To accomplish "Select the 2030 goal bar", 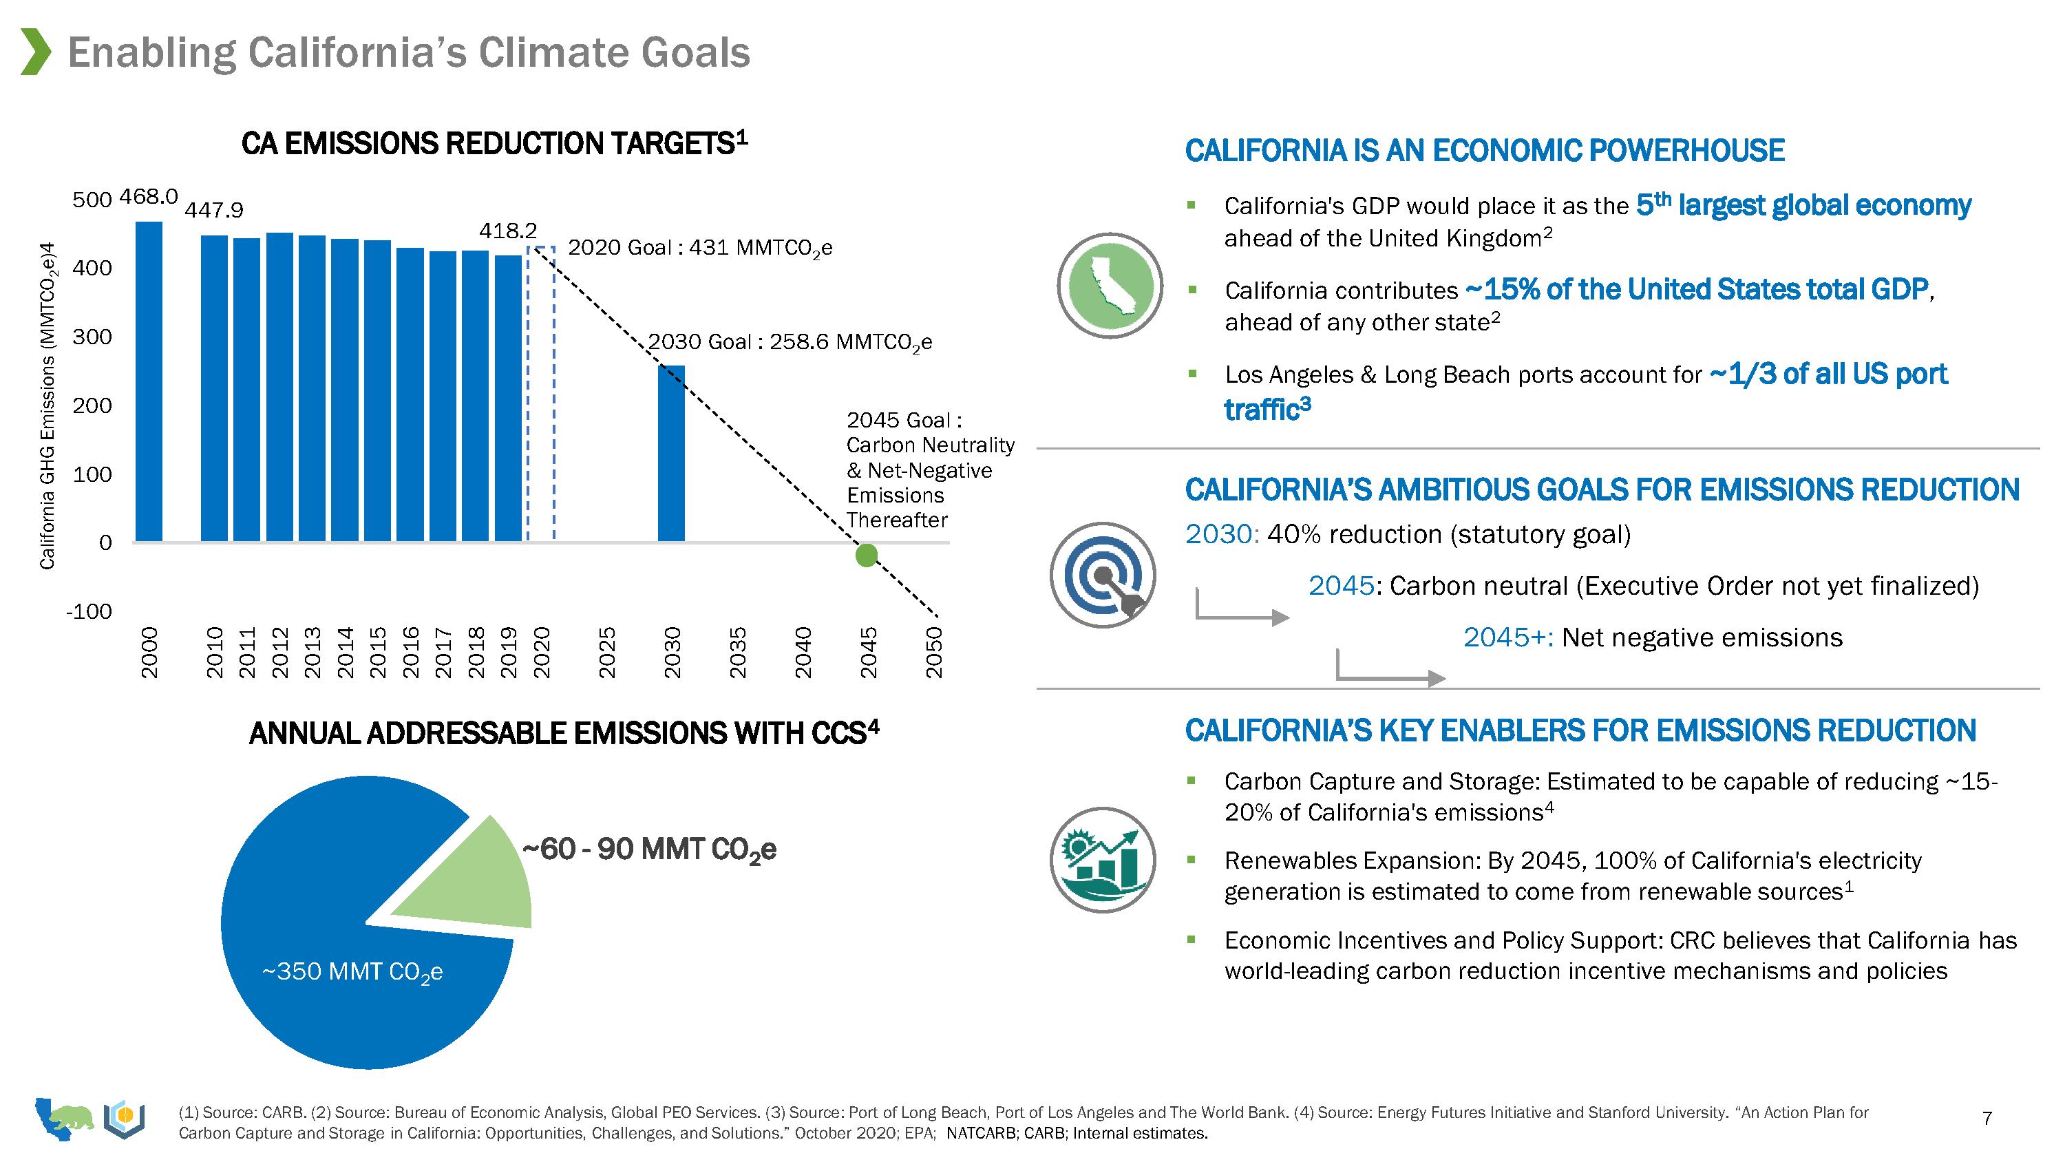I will pos(671,453).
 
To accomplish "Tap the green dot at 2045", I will pos(867,555).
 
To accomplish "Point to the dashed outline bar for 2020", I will pos(541,393).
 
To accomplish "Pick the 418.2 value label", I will pos(507,231).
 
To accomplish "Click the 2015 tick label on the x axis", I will pos(379,652).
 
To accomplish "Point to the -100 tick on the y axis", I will pos(89,612).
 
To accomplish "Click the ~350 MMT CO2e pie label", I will pos(352,972).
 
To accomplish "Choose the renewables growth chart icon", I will pos(1103,860).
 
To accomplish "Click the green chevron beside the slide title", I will pos(35,52).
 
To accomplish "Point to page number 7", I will pos(1987,1118).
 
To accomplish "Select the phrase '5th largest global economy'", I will pos(1803,205).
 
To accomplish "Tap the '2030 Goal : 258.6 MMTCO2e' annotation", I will pos(790,342).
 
